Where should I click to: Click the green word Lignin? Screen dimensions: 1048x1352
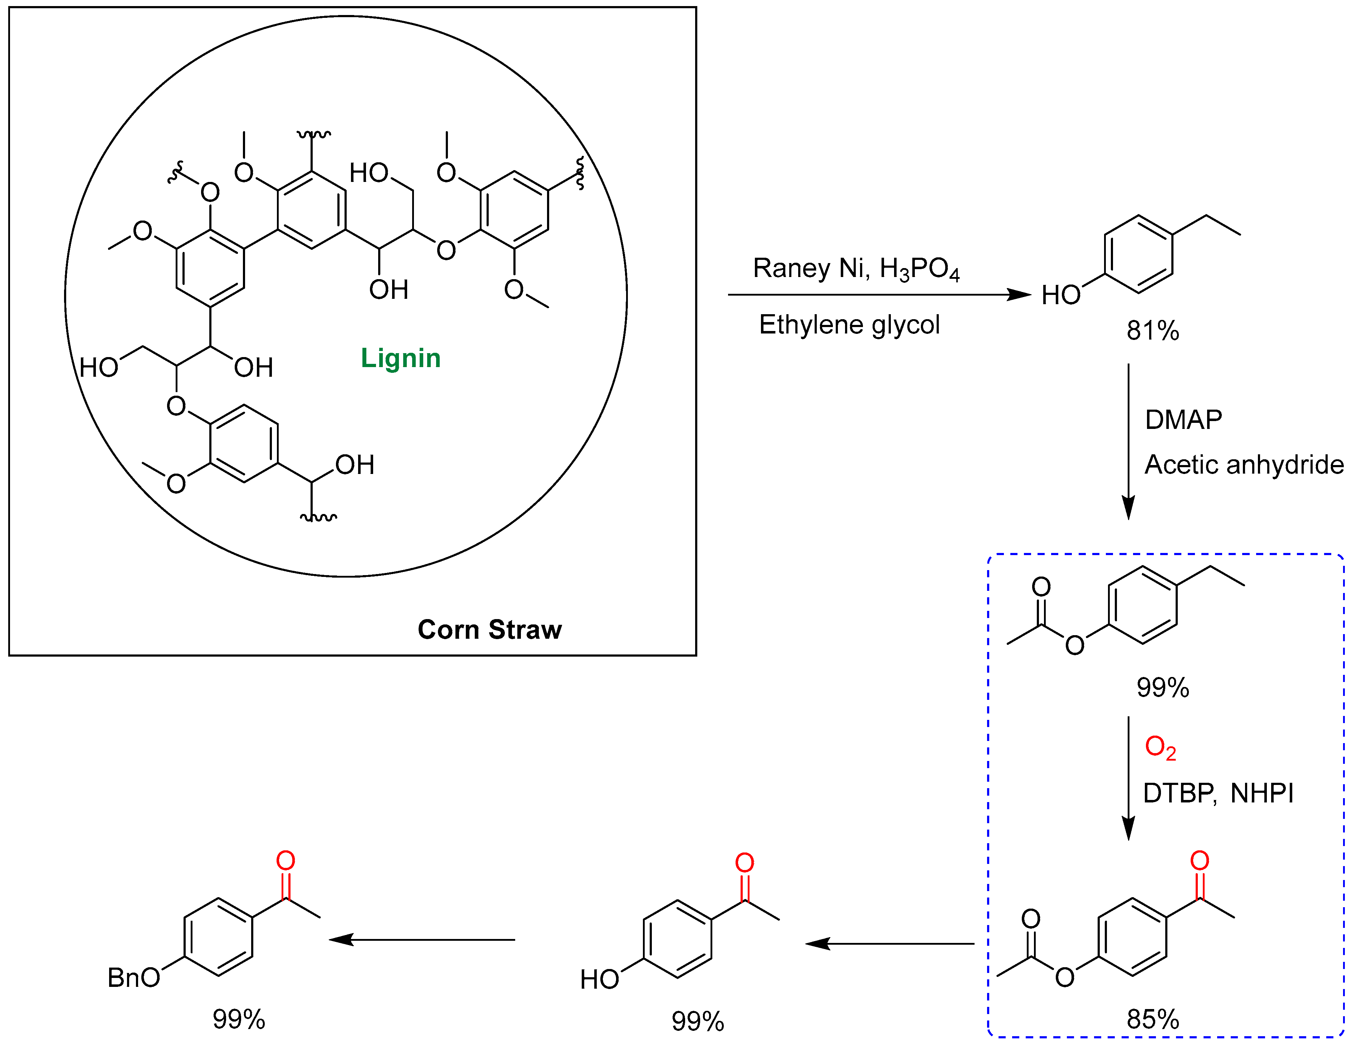click(401, 358)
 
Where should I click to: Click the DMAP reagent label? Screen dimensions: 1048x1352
click(1183, 419)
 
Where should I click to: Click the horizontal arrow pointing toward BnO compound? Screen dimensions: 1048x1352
click(422, 940)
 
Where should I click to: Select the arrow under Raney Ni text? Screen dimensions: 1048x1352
click(879, 295)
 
